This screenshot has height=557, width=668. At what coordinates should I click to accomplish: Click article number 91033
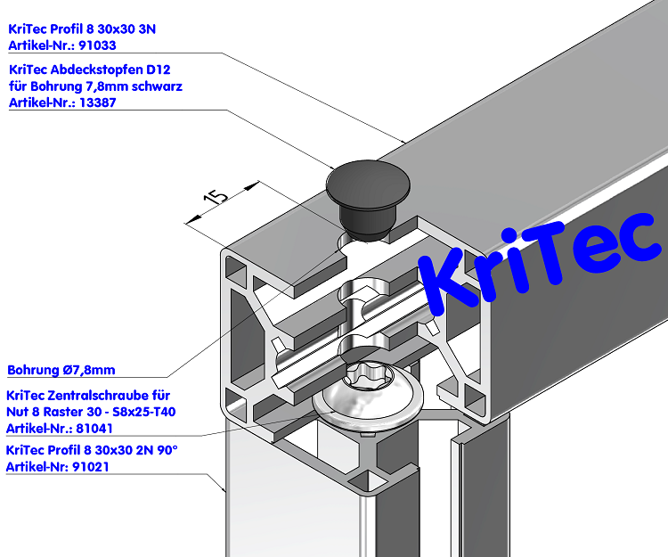(99, 45)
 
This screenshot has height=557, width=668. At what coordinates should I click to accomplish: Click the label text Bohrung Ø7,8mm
(61, 370)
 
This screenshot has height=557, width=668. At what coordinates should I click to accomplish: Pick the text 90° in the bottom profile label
(168, 449)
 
